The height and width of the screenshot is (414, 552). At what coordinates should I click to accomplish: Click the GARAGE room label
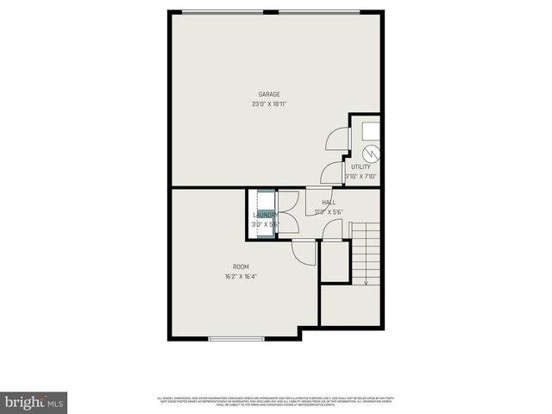(269, 94)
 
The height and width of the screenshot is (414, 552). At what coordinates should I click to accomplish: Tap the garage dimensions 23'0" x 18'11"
(269, 104)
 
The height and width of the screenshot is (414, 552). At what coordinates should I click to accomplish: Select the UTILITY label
(361, 166)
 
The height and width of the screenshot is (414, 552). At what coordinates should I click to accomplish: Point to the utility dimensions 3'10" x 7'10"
(361, 177)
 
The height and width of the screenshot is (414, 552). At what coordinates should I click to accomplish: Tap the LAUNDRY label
(264, 215)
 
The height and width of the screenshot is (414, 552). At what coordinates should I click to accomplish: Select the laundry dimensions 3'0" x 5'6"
(264, 224)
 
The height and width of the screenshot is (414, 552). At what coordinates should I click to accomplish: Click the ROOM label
(241, 267)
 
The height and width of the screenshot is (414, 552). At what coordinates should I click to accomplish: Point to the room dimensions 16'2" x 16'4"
(241, 277)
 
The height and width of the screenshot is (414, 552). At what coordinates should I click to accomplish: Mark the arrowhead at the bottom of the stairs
(367, 281)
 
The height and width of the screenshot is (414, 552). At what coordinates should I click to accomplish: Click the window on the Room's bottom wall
(236, 338)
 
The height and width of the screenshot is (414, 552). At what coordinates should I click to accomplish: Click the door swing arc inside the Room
(303, 253)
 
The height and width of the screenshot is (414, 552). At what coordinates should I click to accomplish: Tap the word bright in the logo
(23, 402)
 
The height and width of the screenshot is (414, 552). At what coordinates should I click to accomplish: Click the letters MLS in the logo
(55, 403)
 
